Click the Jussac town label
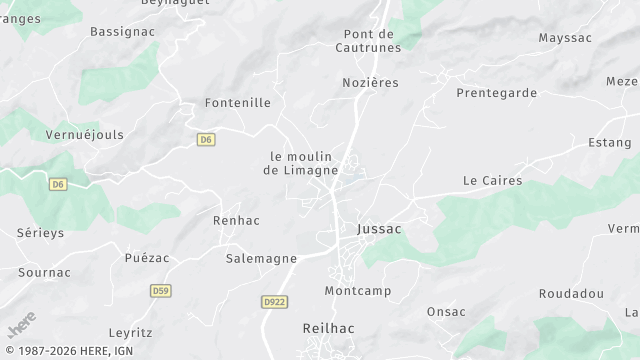[x=379, y=229]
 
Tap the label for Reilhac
[x=329, y=328]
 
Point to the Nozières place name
[x=370, y=83]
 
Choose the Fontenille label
[x=237, y=102]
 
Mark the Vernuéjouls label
[x=84, y=134]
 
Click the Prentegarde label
[x=496, y=93]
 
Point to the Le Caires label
[x=487, y=181]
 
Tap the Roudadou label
[x=571, y=294]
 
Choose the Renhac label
[x=236, y=219]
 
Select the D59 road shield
[x=160, y=291]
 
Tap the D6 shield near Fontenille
[x=206, y=139]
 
